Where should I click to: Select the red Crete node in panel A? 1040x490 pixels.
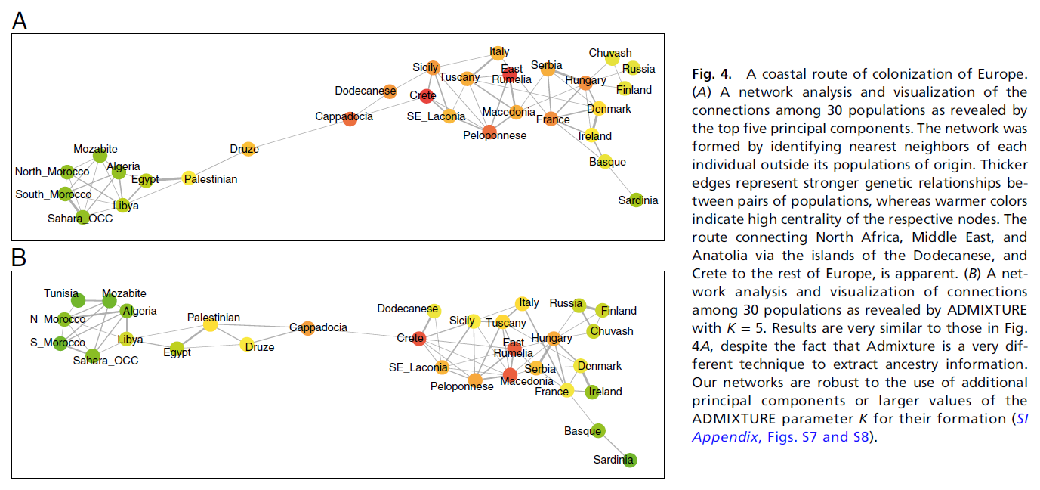[x=427, y=95]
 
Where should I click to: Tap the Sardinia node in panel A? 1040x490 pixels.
[x=635, y=199]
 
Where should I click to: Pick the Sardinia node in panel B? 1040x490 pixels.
[x=629, y=460]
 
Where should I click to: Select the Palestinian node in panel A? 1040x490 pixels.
[x=189, y=179]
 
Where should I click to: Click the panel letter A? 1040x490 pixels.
[x=20, y=21]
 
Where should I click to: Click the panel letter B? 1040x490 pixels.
[x=20, y=258]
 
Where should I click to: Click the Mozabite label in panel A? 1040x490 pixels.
[x=95, y=149]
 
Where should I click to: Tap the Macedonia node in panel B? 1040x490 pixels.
[x=510, y=374]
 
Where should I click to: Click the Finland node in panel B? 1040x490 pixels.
[x=603, y=311]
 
